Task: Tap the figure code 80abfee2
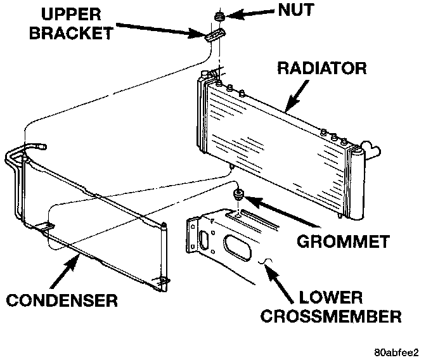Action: (396, 351)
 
